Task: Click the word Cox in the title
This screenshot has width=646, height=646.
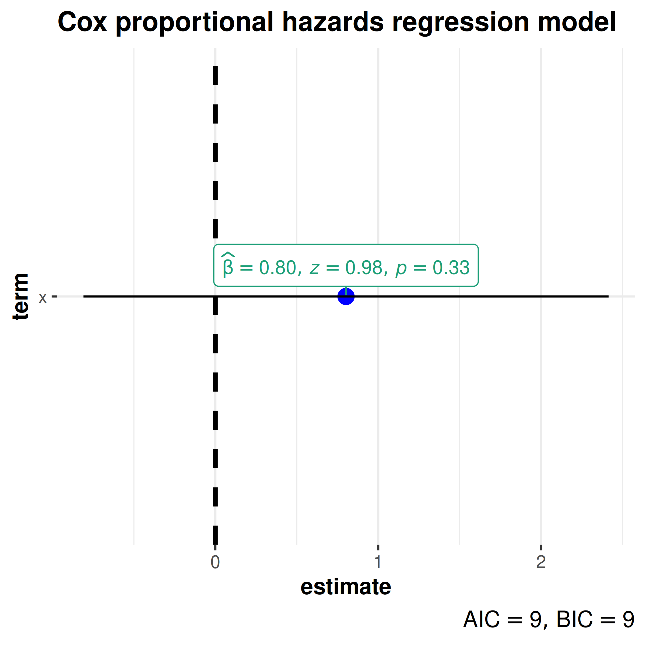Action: coord(82,22)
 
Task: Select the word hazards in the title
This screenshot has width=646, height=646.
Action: coord(333,22)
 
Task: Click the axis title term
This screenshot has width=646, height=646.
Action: coord(21,296)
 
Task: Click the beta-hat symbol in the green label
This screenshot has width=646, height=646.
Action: coord(228,265)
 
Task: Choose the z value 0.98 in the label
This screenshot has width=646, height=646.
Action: coord(364,268)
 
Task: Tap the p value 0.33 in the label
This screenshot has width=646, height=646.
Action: coord(451,268)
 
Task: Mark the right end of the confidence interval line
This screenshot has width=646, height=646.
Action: coord(608,296)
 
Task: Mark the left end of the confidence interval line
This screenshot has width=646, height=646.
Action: coord(84,296)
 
